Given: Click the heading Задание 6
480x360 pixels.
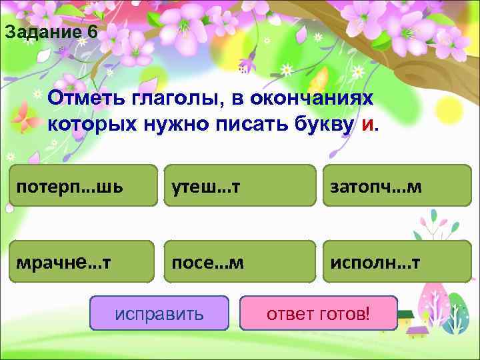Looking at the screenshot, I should click(51, 32).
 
